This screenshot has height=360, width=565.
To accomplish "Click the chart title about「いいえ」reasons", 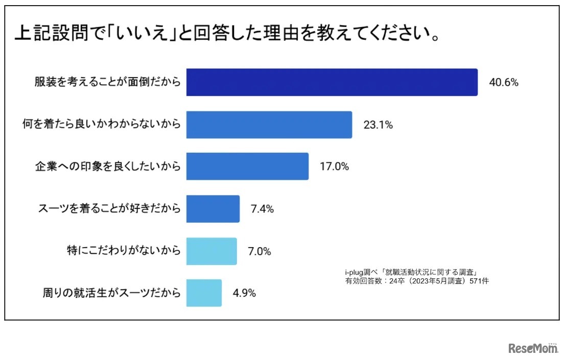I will [x=228, y=35].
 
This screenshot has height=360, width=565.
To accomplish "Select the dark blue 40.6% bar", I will [x=332, y=82].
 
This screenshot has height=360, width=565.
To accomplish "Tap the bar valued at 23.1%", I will [x=269, y=125].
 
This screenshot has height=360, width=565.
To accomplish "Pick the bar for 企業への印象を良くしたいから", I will [x=247, y=166].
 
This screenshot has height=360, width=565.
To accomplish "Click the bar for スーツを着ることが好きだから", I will [x=213, y=209].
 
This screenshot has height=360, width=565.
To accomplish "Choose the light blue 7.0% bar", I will [x=211, y=251].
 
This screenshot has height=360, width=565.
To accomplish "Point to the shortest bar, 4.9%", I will [x=204, y=293].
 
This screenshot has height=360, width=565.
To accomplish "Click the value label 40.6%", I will [x=504, y=83].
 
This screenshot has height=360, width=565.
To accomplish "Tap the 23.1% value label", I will [x=378, y=125].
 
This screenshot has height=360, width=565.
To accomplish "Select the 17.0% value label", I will [x=334, y=166].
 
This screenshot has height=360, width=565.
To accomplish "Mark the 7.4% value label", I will [x=263, y=209].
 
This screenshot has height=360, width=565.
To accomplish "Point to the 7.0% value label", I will [x=260, y=251].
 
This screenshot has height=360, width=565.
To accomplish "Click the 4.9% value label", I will [x=244, y=293].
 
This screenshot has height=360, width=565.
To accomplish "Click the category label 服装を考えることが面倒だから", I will [x=108, y=83].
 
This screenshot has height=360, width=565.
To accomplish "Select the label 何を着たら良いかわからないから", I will [x=102, y=125].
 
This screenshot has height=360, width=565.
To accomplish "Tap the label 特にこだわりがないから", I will [x=124, y=251].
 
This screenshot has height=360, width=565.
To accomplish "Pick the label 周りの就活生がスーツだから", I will [x=111, y=293].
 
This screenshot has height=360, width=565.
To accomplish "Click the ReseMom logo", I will [x=533, y=348].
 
